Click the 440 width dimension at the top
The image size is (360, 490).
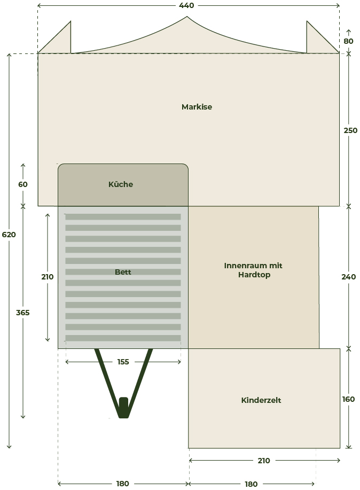coord(186,5)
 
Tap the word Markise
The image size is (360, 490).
coord(197,107)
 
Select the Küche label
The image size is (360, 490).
coord(121,184)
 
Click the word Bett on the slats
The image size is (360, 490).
coord(123,272)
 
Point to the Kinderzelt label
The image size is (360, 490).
coord(261,400)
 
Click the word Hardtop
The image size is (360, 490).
coord(254,275)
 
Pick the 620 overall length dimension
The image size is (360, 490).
coord(9,235)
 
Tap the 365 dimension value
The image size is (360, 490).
coord(23,313)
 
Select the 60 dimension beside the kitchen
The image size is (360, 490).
coord(23,184)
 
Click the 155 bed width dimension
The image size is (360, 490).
coord(123,362)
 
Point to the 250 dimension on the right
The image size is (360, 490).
coord(350,130)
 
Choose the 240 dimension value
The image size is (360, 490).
coord(348,277)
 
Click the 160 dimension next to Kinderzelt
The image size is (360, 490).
coord(348,399)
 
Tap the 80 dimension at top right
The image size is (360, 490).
coord(348,41)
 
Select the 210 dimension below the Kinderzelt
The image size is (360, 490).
coord(264,461)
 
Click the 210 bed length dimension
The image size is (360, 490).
coord(48,277)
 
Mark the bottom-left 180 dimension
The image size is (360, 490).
coord(122,484)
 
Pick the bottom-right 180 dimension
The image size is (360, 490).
coord(251,484)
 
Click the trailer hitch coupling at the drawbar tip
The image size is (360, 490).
coord(124,408)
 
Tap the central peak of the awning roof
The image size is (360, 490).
coord(187,17)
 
